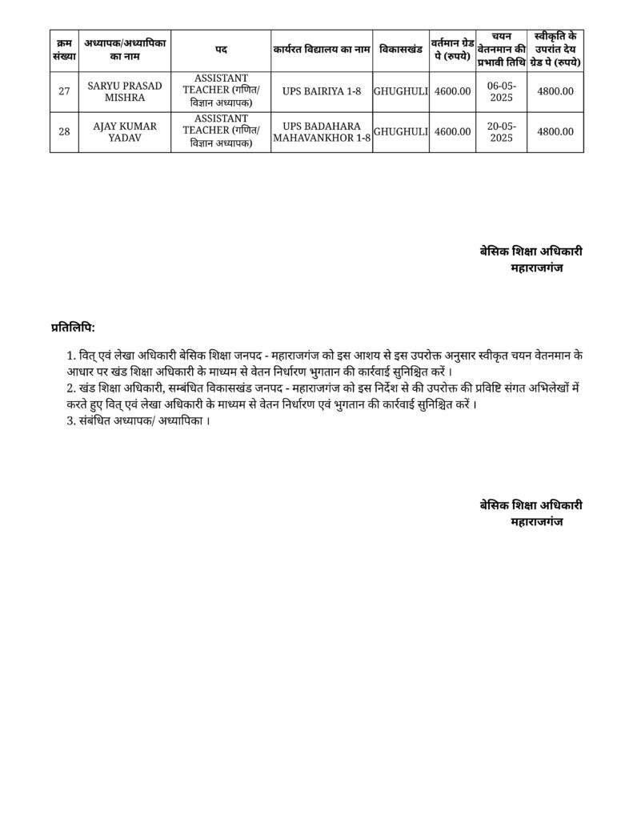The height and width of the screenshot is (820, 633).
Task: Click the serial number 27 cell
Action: [64, 91]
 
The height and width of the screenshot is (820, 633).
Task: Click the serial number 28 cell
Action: [64, 131]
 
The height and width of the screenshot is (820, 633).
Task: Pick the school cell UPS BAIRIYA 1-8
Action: [322, 91]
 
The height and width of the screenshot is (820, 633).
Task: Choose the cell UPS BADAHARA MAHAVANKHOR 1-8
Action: [322, 131]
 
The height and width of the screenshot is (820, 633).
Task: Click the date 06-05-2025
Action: [501, 91]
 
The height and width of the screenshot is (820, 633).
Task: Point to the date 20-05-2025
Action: [501, 131]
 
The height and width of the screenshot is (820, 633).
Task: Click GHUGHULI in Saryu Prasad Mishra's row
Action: [401, 91]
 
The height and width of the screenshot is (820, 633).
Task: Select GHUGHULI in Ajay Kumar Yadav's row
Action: [401, 131]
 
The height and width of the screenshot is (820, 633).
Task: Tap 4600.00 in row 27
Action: [452, 91]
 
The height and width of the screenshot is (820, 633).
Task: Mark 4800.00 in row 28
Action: [555, 131]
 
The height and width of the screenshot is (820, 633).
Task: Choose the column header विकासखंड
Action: [401, 50]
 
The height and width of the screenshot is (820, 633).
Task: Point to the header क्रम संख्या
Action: [64, 50]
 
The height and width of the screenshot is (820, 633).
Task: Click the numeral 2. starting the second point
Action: [72, 387]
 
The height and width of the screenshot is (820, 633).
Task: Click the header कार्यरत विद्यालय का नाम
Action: [322, 50]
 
